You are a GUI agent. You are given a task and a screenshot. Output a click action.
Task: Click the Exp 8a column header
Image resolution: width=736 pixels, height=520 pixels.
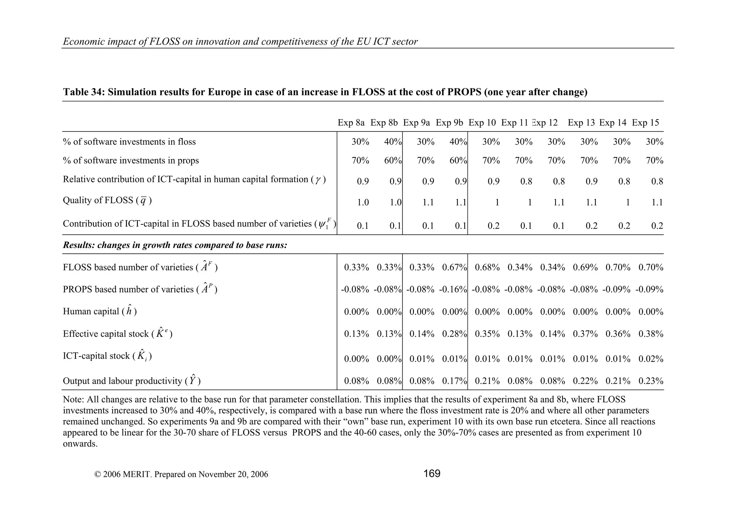[351, 123]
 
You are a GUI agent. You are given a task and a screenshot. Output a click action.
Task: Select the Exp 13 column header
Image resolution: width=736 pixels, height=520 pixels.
[581, 123]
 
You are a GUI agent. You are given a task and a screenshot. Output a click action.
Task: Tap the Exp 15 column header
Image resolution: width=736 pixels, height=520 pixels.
[645, 123]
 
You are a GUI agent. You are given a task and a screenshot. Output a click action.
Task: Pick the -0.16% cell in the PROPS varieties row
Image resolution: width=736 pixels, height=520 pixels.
[453, 289]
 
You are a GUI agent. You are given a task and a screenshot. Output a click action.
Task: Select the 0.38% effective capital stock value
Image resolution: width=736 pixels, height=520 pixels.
[651, 334]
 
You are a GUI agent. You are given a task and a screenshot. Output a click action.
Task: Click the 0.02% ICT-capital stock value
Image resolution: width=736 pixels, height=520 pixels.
[651, 359]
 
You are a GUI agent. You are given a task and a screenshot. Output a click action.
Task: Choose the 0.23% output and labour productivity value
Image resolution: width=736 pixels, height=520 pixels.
[651, 381]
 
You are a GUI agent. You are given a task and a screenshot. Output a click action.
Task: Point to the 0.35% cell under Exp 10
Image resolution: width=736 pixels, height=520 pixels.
[487, 334]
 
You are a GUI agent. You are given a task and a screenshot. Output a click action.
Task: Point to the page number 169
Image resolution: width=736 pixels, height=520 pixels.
[432, 474]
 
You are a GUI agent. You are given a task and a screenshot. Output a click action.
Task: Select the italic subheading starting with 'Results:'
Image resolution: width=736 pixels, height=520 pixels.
[175, 245]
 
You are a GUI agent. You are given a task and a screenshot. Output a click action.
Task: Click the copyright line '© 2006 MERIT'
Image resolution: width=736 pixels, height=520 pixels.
[181, 474]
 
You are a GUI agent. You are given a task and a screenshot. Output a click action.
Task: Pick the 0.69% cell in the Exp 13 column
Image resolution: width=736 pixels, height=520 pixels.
[585, 267]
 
